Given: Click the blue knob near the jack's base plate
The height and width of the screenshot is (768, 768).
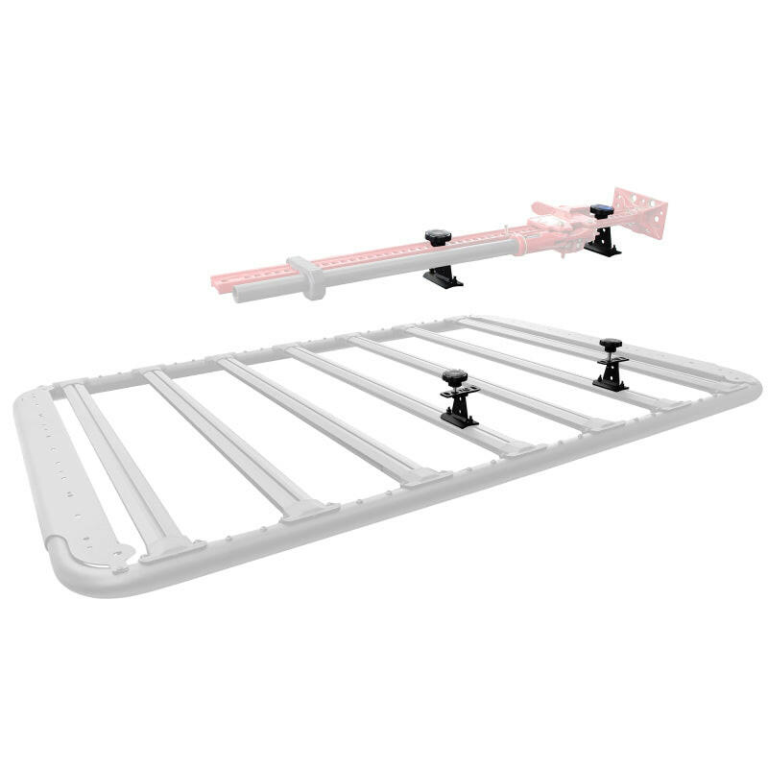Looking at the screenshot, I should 602,210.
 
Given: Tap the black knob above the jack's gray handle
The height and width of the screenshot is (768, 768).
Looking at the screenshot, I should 437,236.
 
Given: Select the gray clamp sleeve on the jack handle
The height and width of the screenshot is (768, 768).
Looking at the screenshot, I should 305,276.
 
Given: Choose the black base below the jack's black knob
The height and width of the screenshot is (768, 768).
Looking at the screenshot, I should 444,277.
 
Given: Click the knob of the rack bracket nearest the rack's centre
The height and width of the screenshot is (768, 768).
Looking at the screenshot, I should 455,375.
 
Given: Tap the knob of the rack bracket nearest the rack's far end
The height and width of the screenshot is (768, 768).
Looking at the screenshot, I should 609,344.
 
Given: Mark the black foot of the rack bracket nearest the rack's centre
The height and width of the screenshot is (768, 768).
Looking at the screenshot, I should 459,416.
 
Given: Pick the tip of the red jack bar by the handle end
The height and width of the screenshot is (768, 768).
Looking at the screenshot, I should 216,280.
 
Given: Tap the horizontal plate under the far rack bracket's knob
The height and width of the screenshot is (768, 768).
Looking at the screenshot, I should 611,360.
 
